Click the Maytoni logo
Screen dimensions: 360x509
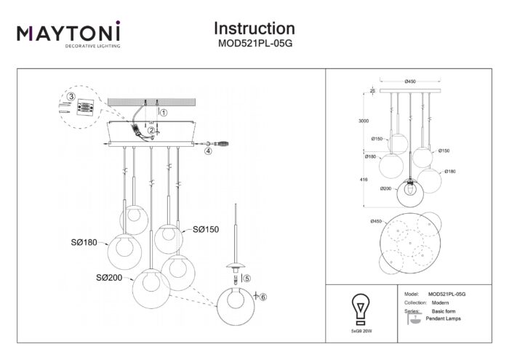[69, 35]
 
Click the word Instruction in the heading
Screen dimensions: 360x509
[254, 28]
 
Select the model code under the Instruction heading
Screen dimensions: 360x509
[254, 43]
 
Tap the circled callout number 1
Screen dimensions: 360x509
[164, 113]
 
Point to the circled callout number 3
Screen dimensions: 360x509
[71, 97]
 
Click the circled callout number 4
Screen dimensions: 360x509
[208, 152]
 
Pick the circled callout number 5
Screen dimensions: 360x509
[246, 278]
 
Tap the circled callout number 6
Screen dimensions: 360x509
[264, 296]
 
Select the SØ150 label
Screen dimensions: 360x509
[206, 229]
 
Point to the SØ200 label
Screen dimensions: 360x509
[111, 277]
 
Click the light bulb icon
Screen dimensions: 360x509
[358, 307]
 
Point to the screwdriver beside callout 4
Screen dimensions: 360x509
[224, 144]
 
